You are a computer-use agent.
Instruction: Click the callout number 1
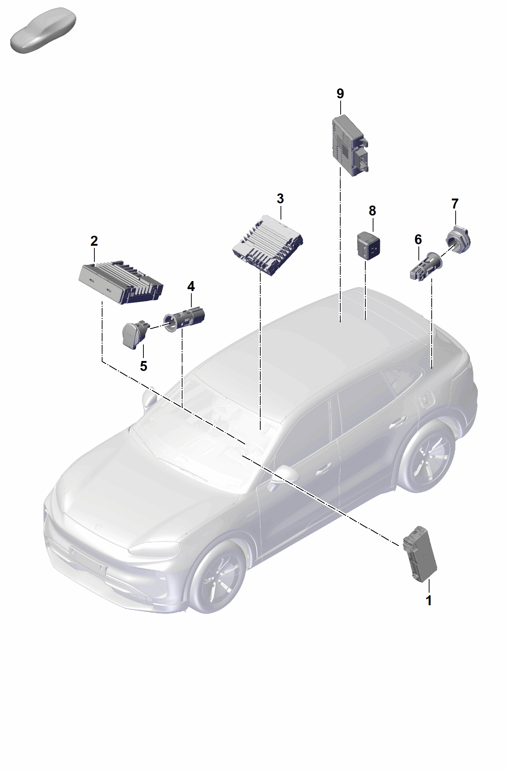click(428, 600)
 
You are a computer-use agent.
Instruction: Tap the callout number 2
click(94, 241)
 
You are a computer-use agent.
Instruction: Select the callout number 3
click(280, 199)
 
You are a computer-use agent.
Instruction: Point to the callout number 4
click(191, 286)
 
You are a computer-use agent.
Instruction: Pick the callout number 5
click(143, 366)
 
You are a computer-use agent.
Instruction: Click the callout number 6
click(418, 239)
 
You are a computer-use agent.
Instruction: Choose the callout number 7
click(455, 204)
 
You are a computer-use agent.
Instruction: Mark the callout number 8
click(372, 211)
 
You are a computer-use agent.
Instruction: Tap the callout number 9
click(340, 94)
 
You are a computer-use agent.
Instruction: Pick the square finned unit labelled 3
click(268, 245)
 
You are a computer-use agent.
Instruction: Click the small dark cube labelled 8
click(368, 244)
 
